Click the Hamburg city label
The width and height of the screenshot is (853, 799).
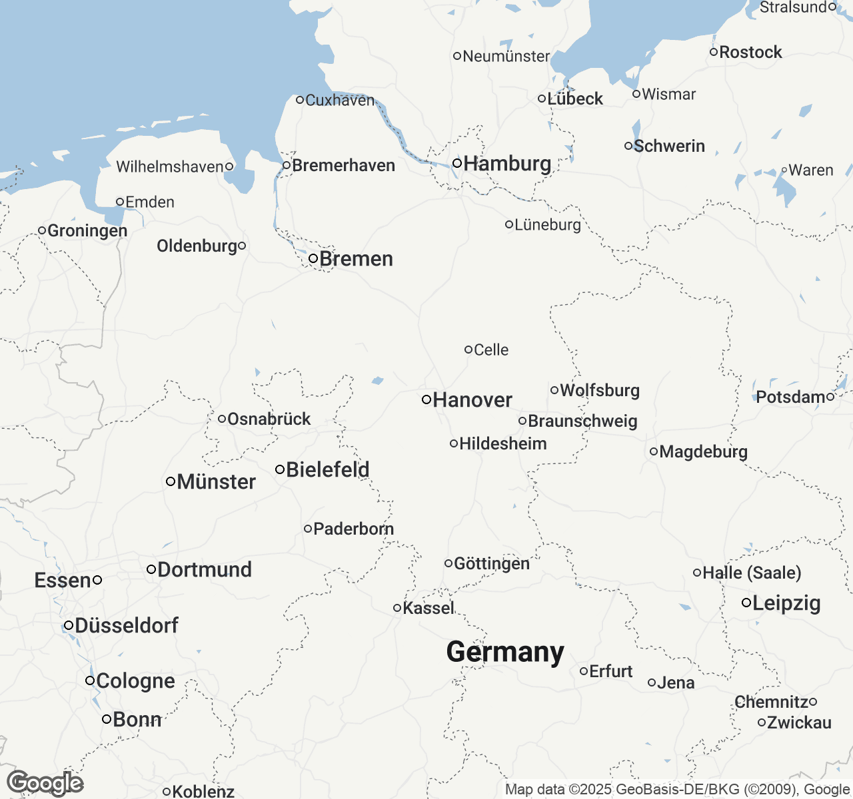(x=507, y=163)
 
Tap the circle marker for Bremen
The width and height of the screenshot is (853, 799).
(x=313, y=258)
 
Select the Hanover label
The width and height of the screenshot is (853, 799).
(x=472, y=400)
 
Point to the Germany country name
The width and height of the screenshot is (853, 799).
(x=505, y=652)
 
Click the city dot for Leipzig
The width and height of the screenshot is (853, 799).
(x=747, y=603)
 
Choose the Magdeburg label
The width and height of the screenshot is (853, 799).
(x=704, y=451)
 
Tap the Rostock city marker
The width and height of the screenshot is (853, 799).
(x=714, y=52)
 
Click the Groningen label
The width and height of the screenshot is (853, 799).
(x=87, y=230)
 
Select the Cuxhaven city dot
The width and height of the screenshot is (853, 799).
(x=300, y=100)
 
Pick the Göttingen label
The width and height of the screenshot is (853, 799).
(x=492, y=563)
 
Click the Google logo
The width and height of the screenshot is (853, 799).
(x=45, y=783)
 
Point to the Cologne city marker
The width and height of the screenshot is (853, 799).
(x=90, y=680)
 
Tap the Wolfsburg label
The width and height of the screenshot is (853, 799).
(x=600, y=390)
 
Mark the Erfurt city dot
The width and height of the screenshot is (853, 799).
(x=584, y=671)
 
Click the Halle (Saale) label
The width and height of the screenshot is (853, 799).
(x=752, y=573)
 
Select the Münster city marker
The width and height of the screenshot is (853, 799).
(x=171, y=481)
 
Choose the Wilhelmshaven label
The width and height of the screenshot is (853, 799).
(x=169, y=166)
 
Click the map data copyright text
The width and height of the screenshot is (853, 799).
(x=677, y=790)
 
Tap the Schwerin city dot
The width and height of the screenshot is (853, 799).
(x=628, y=146)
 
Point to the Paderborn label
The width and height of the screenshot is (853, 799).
(x=353, y=529)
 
